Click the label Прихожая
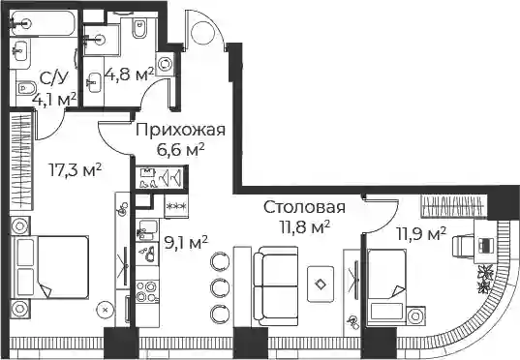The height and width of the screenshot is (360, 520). (x=180, y=130)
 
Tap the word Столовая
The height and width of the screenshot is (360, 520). (x=304, y=207)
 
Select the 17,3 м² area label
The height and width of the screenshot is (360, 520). (x=75, y=170)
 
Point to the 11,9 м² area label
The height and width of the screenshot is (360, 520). (x=421, y=234)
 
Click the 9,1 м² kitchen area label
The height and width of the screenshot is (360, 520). (x=186, y=244)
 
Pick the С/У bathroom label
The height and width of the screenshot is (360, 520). (x=54, y=78)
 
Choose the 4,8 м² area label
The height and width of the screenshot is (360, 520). (x=129, y=75)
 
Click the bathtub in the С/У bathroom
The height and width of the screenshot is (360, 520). (x=44, y=23)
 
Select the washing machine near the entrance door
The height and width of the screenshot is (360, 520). (x=165, y=64)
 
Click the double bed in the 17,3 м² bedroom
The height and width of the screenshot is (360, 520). (x=50, y=267)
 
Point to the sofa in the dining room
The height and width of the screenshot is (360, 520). (x=276, y=285)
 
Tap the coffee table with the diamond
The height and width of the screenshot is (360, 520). (x=321, y=285)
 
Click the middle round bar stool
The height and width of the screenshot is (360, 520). (x=220, y=286)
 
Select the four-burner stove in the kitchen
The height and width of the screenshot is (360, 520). (x=146, y=291)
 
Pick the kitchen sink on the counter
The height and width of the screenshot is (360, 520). (x=147, y=229)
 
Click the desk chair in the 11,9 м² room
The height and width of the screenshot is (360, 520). (x=463, y=246)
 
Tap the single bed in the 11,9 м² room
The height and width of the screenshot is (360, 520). (x=387, y=287)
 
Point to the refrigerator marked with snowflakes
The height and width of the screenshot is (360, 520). (x=176, y=206)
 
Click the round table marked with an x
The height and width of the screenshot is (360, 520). (x=106, y=310)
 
